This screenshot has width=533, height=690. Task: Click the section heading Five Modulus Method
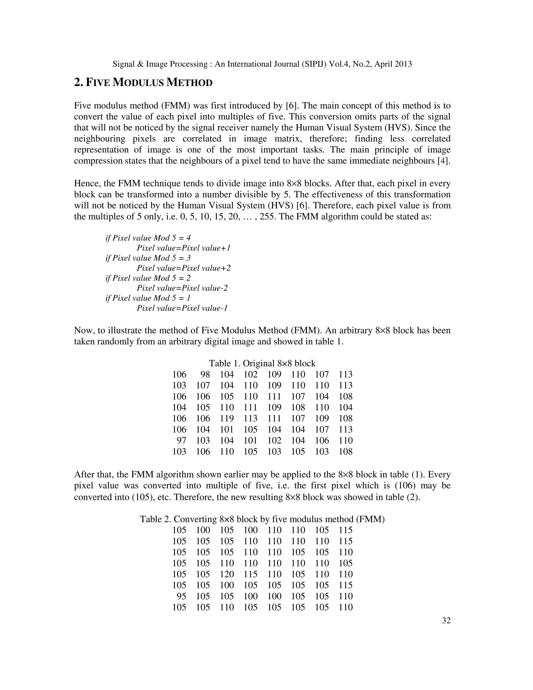143,83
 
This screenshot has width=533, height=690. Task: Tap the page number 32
446,620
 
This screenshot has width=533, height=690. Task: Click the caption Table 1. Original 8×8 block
262,363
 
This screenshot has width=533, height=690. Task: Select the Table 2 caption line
262,519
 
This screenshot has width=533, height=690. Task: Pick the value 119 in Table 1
227,418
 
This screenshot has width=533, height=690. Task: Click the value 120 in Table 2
227,574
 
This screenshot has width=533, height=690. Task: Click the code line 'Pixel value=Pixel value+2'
183,268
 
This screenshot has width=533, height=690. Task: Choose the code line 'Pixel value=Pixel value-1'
182,308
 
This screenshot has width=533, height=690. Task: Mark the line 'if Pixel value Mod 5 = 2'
148,278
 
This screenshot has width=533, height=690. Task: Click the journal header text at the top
262,64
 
